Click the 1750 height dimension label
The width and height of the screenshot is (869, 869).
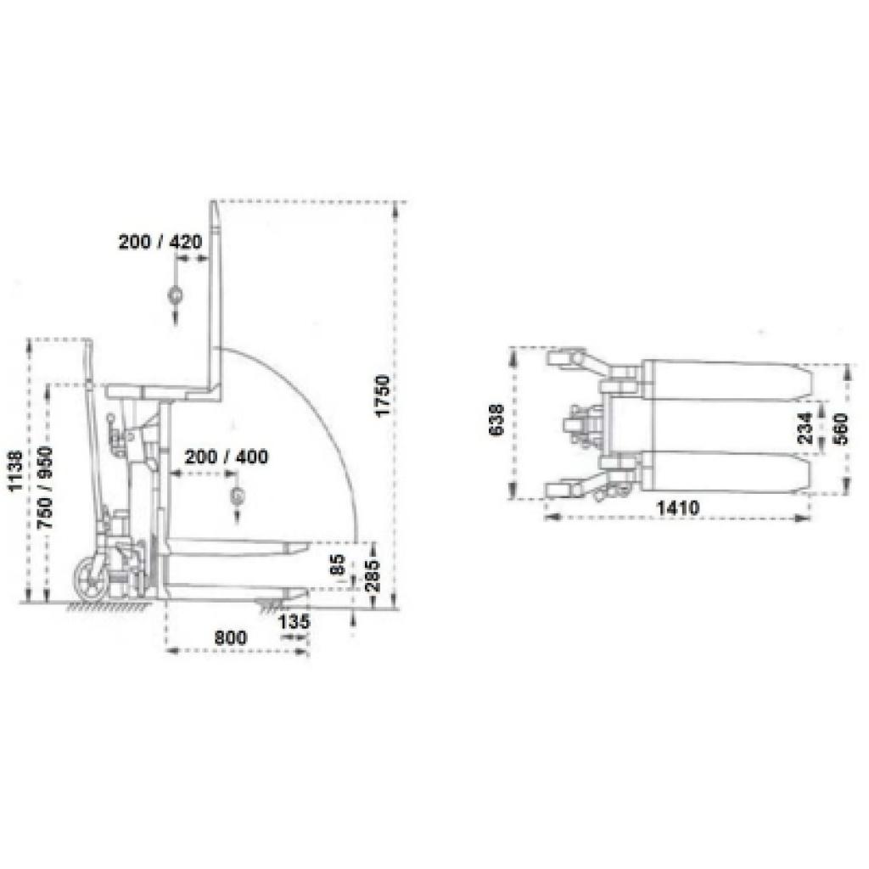[383, 396]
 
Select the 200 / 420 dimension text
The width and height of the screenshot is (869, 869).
[160, 242]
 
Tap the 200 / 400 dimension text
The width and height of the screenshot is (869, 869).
[226, 457]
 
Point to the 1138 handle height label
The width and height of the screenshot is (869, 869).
[15, 471]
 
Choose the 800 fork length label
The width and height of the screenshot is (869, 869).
[231, 637]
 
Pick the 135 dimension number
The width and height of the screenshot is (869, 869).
[293, 622]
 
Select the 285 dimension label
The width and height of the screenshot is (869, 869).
[373, 576]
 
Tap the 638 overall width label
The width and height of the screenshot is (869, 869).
[496, 419]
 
